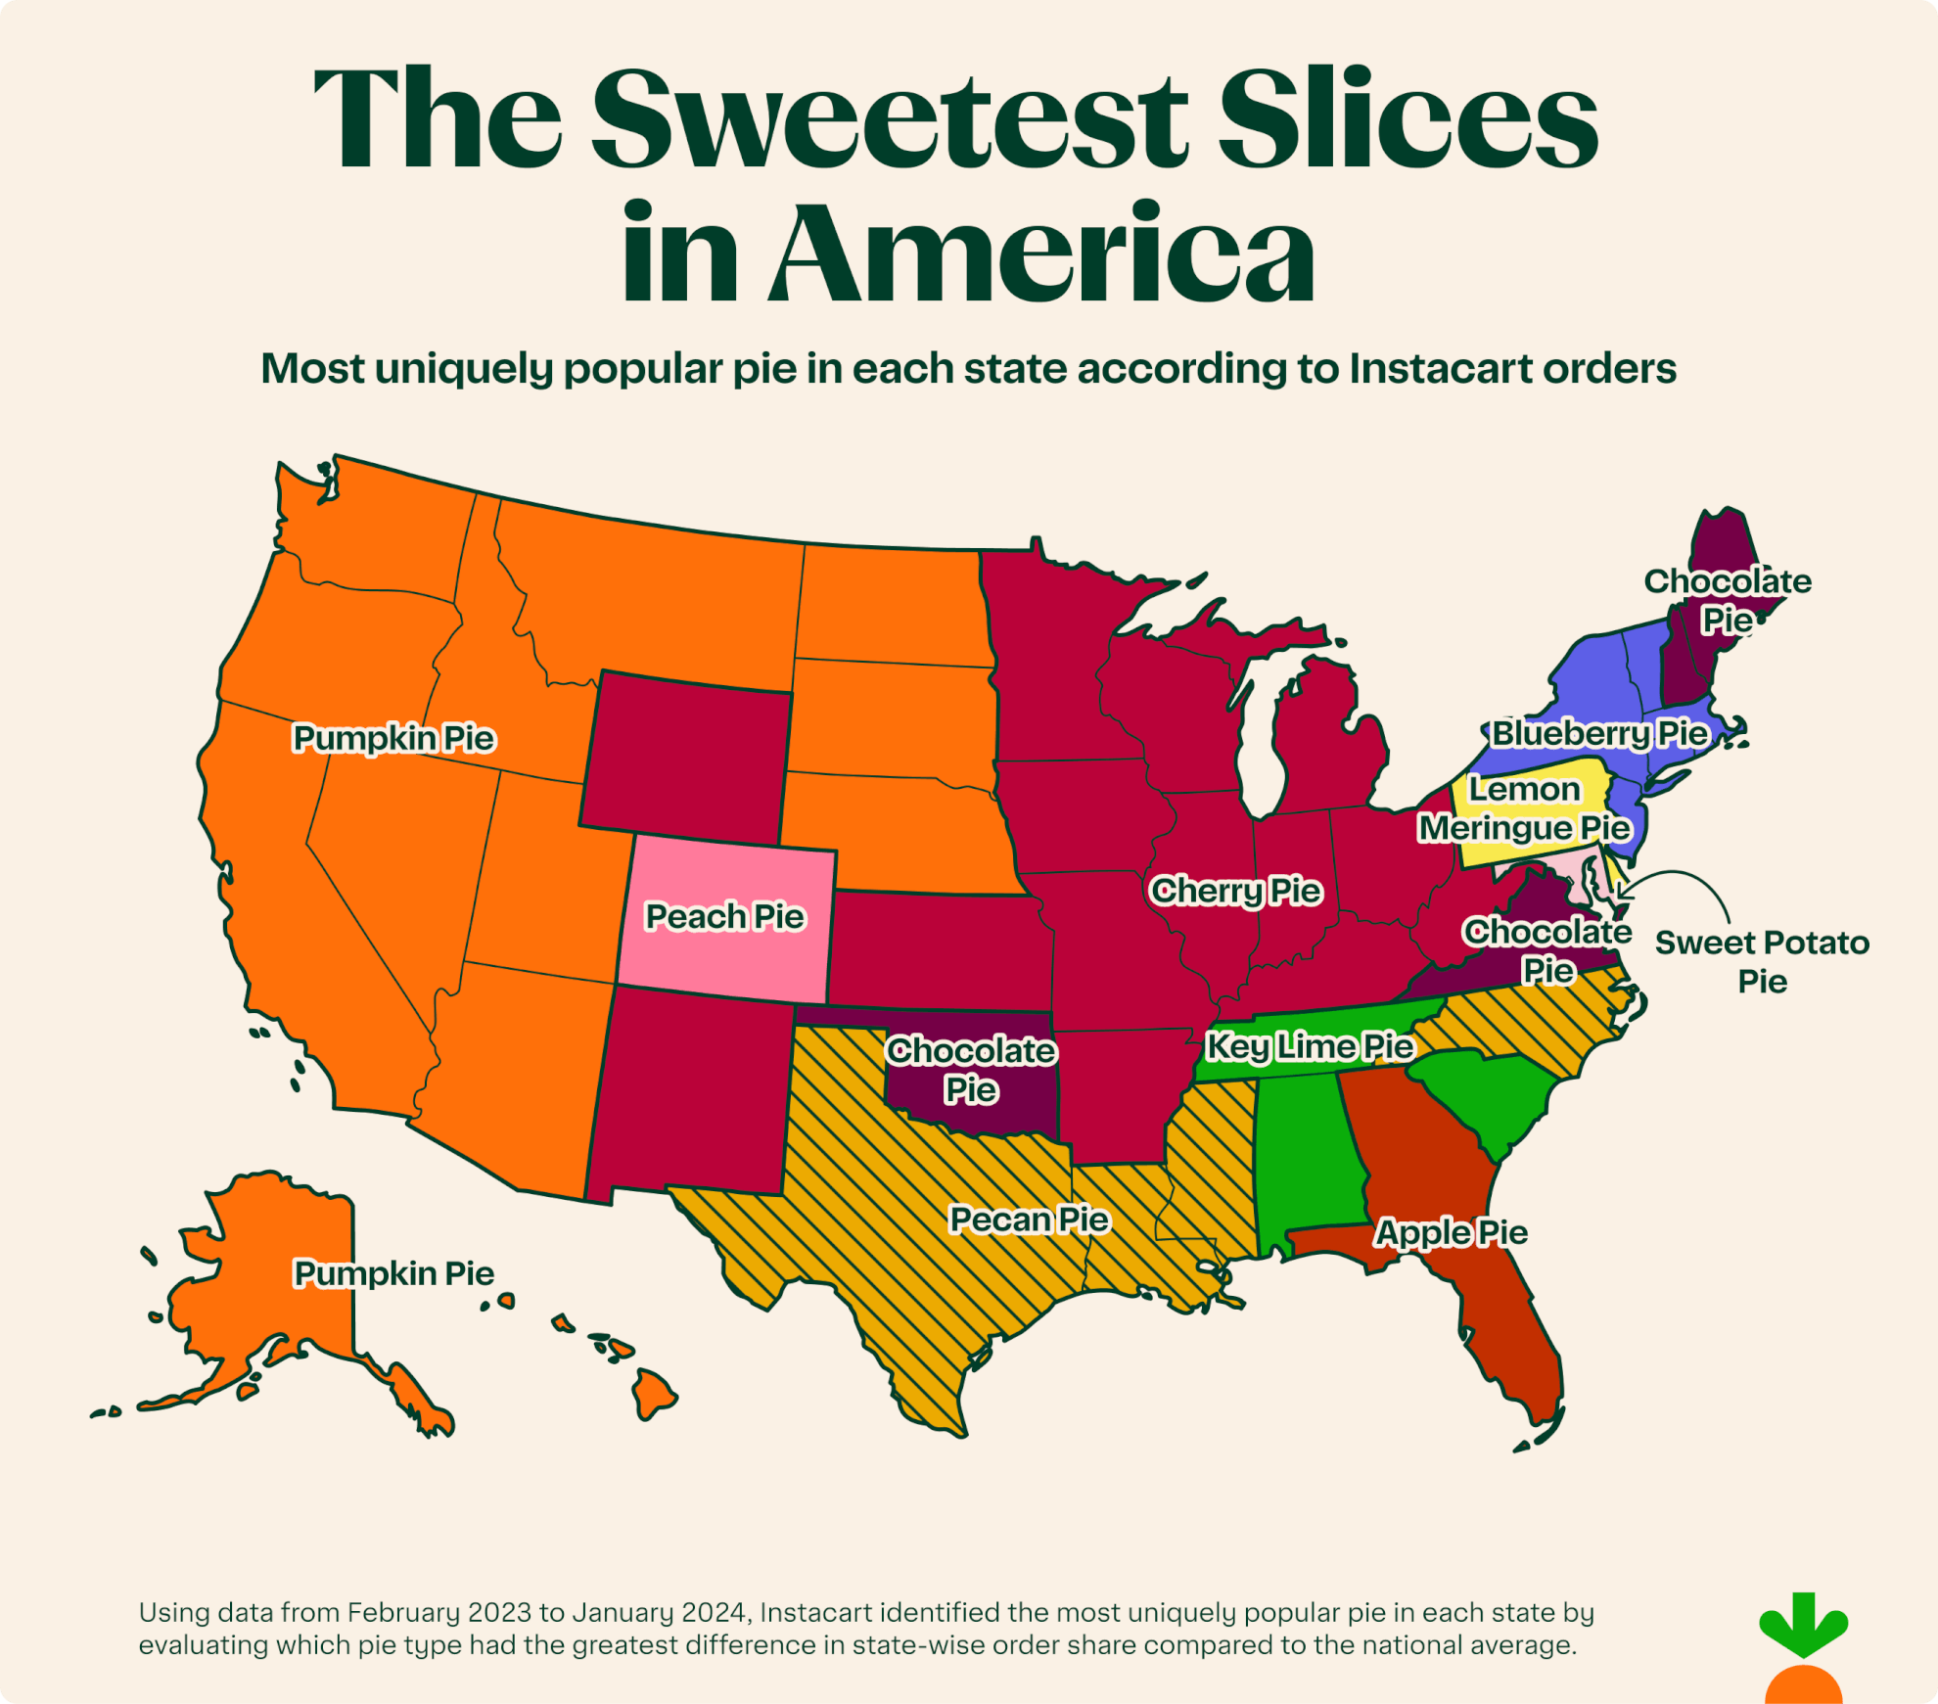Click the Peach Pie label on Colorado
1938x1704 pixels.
coord(724,917)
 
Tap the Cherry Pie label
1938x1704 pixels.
coord(1235,891)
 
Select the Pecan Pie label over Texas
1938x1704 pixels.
coord(1029,1220)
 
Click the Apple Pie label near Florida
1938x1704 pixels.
coord(1451,1232)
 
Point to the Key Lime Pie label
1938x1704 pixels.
coord(1310,1046)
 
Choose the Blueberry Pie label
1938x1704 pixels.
coord(1599,733)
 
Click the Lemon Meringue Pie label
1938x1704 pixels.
coord(1524,808)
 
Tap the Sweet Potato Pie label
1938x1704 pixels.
coord(1762,961)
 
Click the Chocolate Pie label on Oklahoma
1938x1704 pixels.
coord(970,1070)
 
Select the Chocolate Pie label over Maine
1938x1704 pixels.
coord(1728,600)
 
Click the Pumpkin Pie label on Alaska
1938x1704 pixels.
coord(393,1273)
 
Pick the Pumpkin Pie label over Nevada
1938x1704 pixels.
coord(393,738)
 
